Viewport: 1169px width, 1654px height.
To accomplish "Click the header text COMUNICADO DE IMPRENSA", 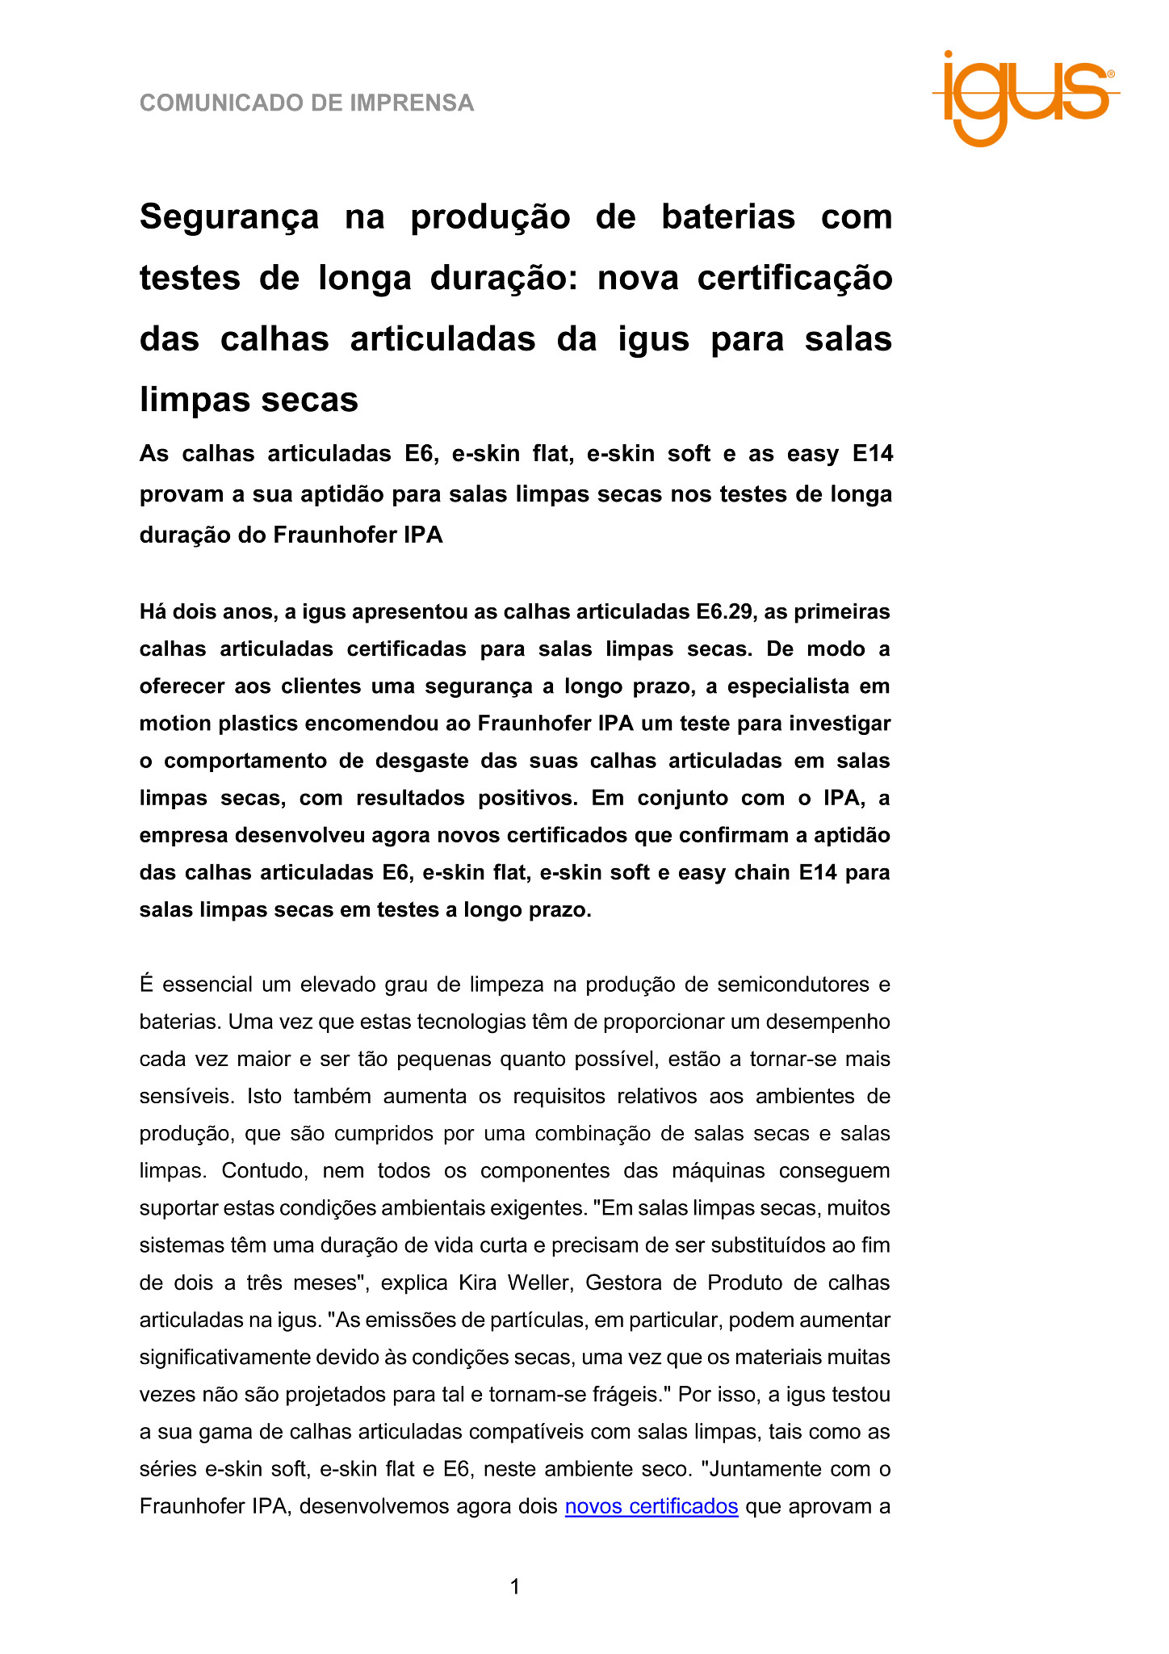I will pos(307,103).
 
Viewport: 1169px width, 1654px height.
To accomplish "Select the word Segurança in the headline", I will pos(229,217).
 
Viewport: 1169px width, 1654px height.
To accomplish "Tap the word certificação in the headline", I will pos(794,278).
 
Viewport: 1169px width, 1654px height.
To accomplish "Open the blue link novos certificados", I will pos(652,1506).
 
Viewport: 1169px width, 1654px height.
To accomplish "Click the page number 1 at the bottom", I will pos(515,1587).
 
